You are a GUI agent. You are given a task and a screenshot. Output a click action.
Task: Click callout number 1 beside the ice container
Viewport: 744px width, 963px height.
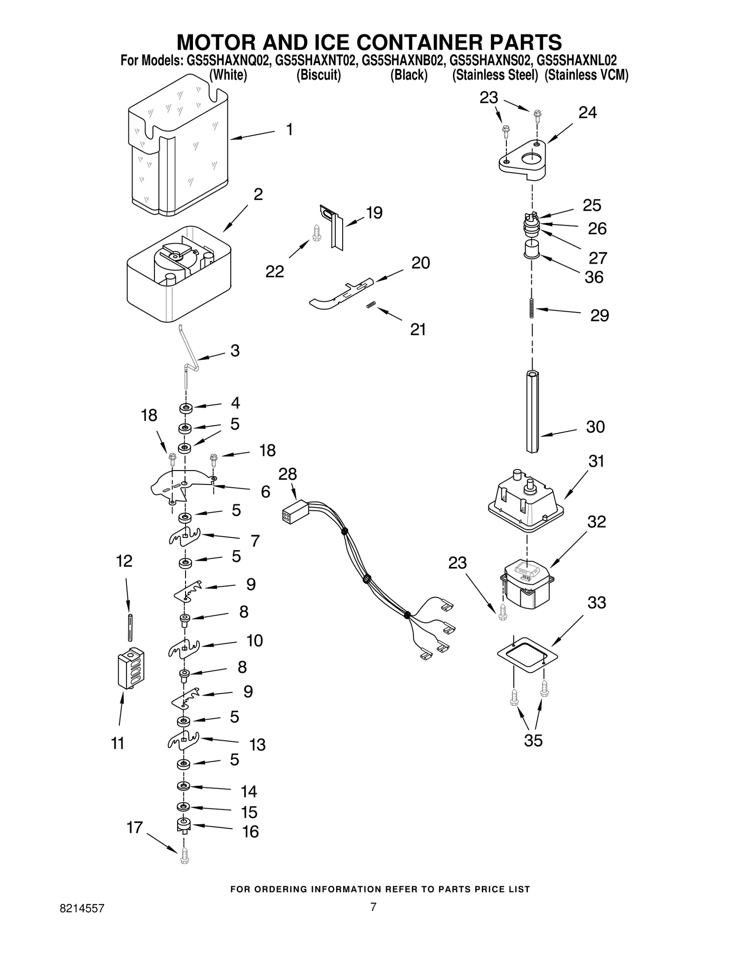[x=289, y=130]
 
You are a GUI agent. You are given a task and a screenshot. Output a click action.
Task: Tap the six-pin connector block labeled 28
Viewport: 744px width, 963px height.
[x=293, y=511]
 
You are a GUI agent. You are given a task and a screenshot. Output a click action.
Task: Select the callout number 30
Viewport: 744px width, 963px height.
[x=595, y=427]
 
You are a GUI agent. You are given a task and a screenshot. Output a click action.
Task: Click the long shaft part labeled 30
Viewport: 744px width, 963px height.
[x=533, y=411]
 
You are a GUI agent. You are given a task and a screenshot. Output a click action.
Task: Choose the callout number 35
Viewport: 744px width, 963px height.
[x=533, y=741]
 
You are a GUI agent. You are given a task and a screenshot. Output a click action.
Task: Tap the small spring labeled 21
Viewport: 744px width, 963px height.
[x=371, y=305]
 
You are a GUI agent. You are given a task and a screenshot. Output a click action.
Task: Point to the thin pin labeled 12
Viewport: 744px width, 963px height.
[x=131, y=628]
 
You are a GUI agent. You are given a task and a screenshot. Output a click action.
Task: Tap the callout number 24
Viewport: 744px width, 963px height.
[x=587, y=113]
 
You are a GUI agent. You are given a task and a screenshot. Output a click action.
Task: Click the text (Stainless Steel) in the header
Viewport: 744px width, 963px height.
[x=495, y=75]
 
